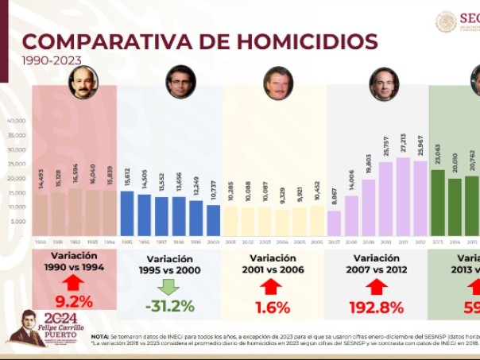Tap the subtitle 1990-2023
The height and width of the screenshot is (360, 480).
coord(51,60)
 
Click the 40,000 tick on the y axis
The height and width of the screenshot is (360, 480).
coord(17,121)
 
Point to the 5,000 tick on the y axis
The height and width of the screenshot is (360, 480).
coord(18,222)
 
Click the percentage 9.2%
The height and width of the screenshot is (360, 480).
coord(74,302)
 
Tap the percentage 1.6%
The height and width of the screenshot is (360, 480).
coord(273,306)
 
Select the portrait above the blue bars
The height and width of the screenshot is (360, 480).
coord(180,82)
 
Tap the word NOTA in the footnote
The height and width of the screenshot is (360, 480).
coord(101,336)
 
